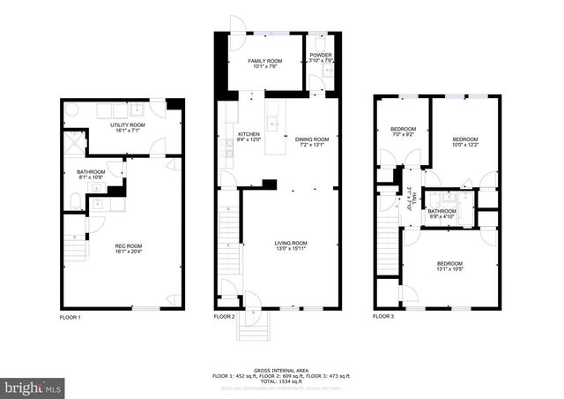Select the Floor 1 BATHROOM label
click(91, 175)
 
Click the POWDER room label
click(321, 58)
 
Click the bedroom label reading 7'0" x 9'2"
click(402, 132)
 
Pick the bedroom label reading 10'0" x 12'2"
click(465, 141)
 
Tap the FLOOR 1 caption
click(70, 316)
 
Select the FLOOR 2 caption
click(225, 316)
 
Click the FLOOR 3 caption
click(382, 316)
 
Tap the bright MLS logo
click(33, 387)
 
